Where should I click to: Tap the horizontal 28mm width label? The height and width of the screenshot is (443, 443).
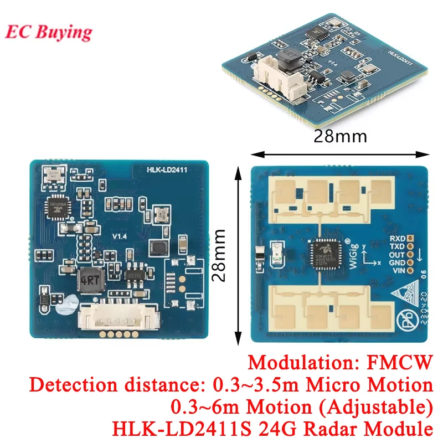pos(339,136)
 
